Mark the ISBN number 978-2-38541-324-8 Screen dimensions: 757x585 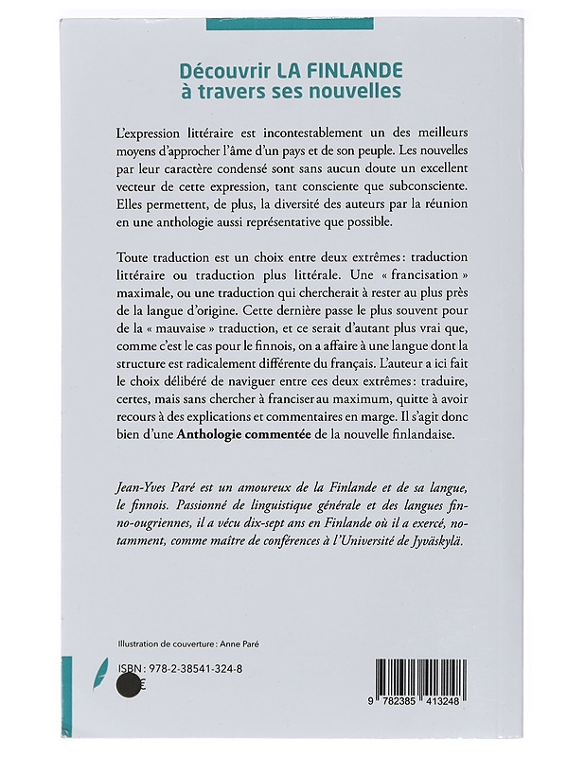coord(188,667)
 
